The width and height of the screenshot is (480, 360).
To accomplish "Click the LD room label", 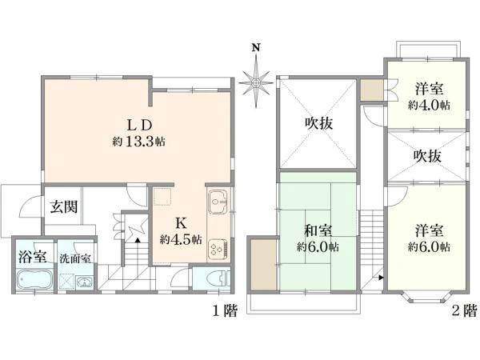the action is (139, 125).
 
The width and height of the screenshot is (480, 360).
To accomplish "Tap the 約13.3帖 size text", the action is (139, 142).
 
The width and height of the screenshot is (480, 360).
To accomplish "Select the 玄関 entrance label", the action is (64, 207).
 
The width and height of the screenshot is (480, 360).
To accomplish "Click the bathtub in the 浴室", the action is (34, 279).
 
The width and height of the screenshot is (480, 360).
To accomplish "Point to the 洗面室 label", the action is (75, 258).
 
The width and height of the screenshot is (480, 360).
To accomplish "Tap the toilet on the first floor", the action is (218, 279).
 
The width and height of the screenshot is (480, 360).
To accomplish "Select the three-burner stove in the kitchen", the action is (218, 249).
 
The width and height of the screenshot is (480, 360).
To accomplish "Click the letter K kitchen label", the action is (181, 223).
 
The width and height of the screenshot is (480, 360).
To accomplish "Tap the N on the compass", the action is (256, 48).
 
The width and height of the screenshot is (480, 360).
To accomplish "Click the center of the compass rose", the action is (256, 83).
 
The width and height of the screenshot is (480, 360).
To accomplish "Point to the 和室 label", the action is (318, 230).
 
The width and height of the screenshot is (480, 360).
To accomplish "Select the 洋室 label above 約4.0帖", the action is (429, 89).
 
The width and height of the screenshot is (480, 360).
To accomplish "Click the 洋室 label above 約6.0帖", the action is (429, 230).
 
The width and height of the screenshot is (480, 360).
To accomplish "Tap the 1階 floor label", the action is (226, 311).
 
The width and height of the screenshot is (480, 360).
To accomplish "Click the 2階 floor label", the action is (465, 311).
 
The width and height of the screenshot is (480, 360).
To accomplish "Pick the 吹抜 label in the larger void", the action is (318, 123).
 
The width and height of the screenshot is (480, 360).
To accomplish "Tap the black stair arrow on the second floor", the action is (381, 278).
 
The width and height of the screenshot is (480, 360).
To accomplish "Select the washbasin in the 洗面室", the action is (84, 282).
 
